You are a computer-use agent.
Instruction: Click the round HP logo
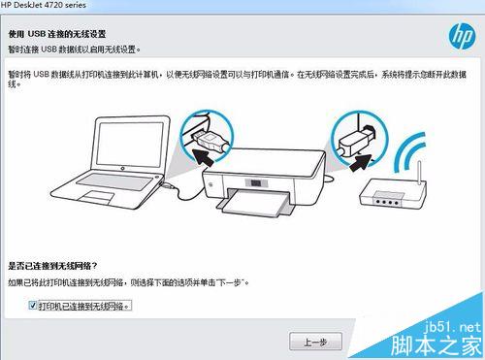[463, 36]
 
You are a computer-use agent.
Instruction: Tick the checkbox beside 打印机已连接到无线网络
[33, 305]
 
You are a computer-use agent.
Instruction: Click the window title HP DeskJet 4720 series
[44, 5]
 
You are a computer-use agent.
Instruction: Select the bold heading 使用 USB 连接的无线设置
[57, 34]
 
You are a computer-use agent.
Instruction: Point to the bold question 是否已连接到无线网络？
[52, 266]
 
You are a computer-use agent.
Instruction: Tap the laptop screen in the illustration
[130, 142]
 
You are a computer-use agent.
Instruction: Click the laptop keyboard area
[114, 180]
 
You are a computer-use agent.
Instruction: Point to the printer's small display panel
[256, 183]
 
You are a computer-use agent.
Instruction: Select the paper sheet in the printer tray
[255, 203]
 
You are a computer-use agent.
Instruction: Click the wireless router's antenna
[420, 173]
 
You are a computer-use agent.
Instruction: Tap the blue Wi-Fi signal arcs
[410, 152]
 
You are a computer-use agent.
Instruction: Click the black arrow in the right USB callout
[361, 163]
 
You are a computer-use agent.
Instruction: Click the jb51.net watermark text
[452, 327]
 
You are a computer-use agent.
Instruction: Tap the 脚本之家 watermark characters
[436, 346]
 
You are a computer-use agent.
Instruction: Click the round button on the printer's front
[211, 184]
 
